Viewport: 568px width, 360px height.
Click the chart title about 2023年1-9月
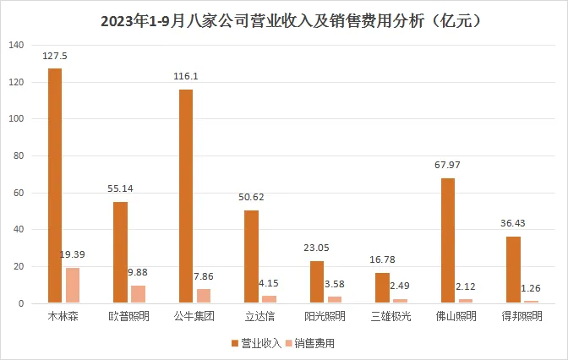(x=284, y=19)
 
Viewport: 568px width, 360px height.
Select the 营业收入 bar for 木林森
(x=55, y=185)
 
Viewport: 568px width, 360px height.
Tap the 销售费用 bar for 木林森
(x=72, y=286)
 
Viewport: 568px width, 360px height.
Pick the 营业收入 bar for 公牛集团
(x=186, y=196)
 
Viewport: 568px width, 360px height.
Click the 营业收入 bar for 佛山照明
(x=448, y=241)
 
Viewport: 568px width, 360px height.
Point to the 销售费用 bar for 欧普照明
(x=138, y=294)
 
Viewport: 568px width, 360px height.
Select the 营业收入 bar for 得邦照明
(x=513, y=270)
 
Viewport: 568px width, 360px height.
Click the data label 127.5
(x=55, y=57)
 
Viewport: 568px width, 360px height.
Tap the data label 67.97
(x=448, y=166)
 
